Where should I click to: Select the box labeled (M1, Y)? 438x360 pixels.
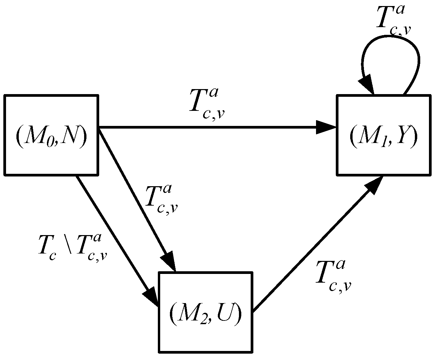coord(383,135)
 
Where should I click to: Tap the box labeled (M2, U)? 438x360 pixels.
coord(205,311)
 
